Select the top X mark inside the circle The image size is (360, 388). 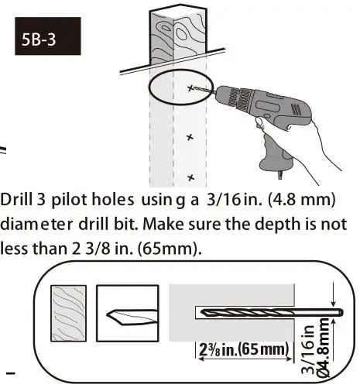pos(191,89)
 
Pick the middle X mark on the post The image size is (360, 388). pos(190,137)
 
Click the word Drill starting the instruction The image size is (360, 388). pos(16,201)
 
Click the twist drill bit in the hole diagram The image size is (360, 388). pos(263,313)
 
